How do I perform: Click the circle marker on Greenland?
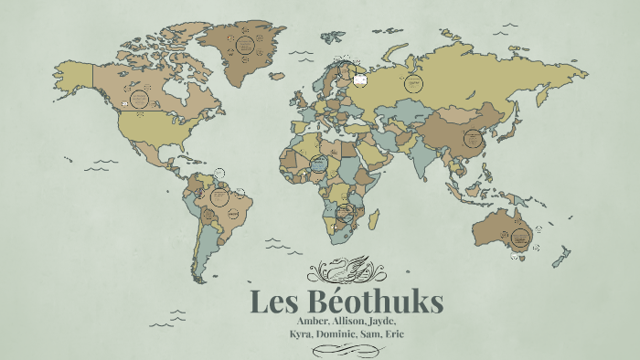click(244, 43)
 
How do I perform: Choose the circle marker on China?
click(473, 139)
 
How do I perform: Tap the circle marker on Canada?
click(140, 98)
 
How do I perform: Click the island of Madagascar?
click(375, 218)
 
